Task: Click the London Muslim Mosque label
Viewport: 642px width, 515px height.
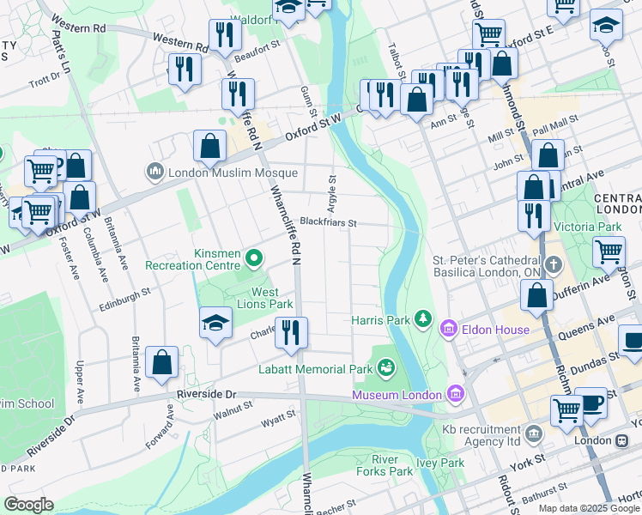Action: click(x=221, y=172)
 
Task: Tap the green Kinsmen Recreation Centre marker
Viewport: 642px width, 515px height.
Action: click(x=254, y=257)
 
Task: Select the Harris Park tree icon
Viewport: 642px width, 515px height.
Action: click(x=422, y=319)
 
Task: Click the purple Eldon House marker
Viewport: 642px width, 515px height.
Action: click(x=448, y=329)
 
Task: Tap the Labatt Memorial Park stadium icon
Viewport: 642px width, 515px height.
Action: click(x=386, y=369)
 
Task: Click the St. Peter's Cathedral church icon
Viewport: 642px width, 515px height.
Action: click(x=554, y=264)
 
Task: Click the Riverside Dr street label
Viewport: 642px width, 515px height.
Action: click(x=205, y=394)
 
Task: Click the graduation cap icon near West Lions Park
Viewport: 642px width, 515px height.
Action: click(x=215, y=323)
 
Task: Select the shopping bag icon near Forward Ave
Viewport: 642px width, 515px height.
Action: click(x=161, y=362)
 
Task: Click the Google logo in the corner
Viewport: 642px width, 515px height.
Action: click(x=28, y=505)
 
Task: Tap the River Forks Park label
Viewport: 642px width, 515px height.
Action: click(x=385, y=464)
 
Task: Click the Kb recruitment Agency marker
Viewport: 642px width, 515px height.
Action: click(x=536, y=433)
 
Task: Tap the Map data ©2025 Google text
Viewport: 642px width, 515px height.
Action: click(x=589, y=508)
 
